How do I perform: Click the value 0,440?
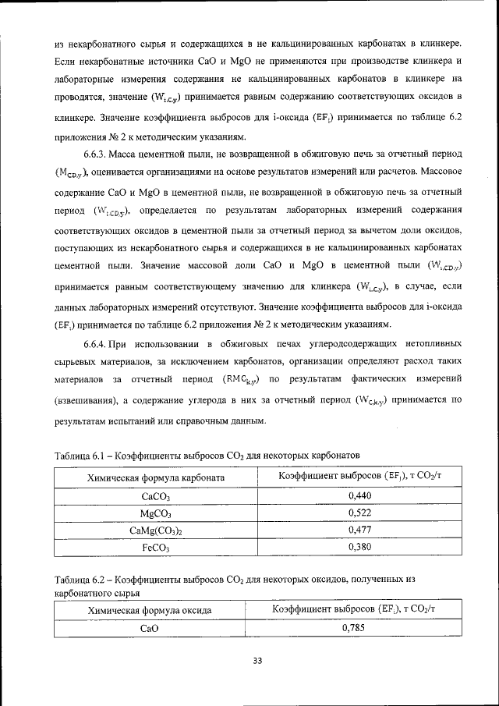coord(359,496)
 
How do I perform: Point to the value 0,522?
coord(359,513)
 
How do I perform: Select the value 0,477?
coord(359,530)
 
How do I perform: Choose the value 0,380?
coord(359,548)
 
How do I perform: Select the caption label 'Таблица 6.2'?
coord(78,580)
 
